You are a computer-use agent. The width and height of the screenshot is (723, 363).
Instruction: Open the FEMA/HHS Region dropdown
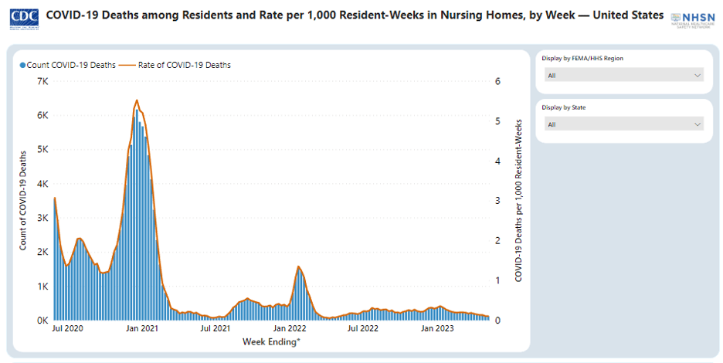(x=623, y=75)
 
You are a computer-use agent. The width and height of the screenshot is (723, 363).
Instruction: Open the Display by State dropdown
(x=623, y=124)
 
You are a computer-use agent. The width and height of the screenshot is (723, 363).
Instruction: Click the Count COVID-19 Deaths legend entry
(x=68, y=65)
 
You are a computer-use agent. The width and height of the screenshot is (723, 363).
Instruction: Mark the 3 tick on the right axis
(x=498, y=201)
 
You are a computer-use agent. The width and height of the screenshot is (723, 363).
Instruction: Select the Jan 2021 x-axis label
(x=142, y=329)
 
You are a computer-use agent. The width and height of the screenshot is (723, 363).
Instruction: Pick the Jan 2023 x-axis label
(x=436, y=329)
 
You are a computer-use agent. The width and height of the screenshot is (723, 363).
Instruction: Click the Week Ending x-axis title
(x=271, y=341)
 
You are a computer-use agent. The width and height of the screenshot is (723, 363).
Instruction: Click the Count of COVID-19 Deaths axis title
(x=23, y=201)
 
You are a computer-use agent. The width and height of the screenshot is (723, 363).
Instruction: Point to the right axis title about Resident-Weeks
(x=518, y=201)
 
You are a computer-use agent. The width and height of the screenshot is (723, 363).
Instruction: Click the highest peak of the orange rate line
(x=137, y=100)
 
